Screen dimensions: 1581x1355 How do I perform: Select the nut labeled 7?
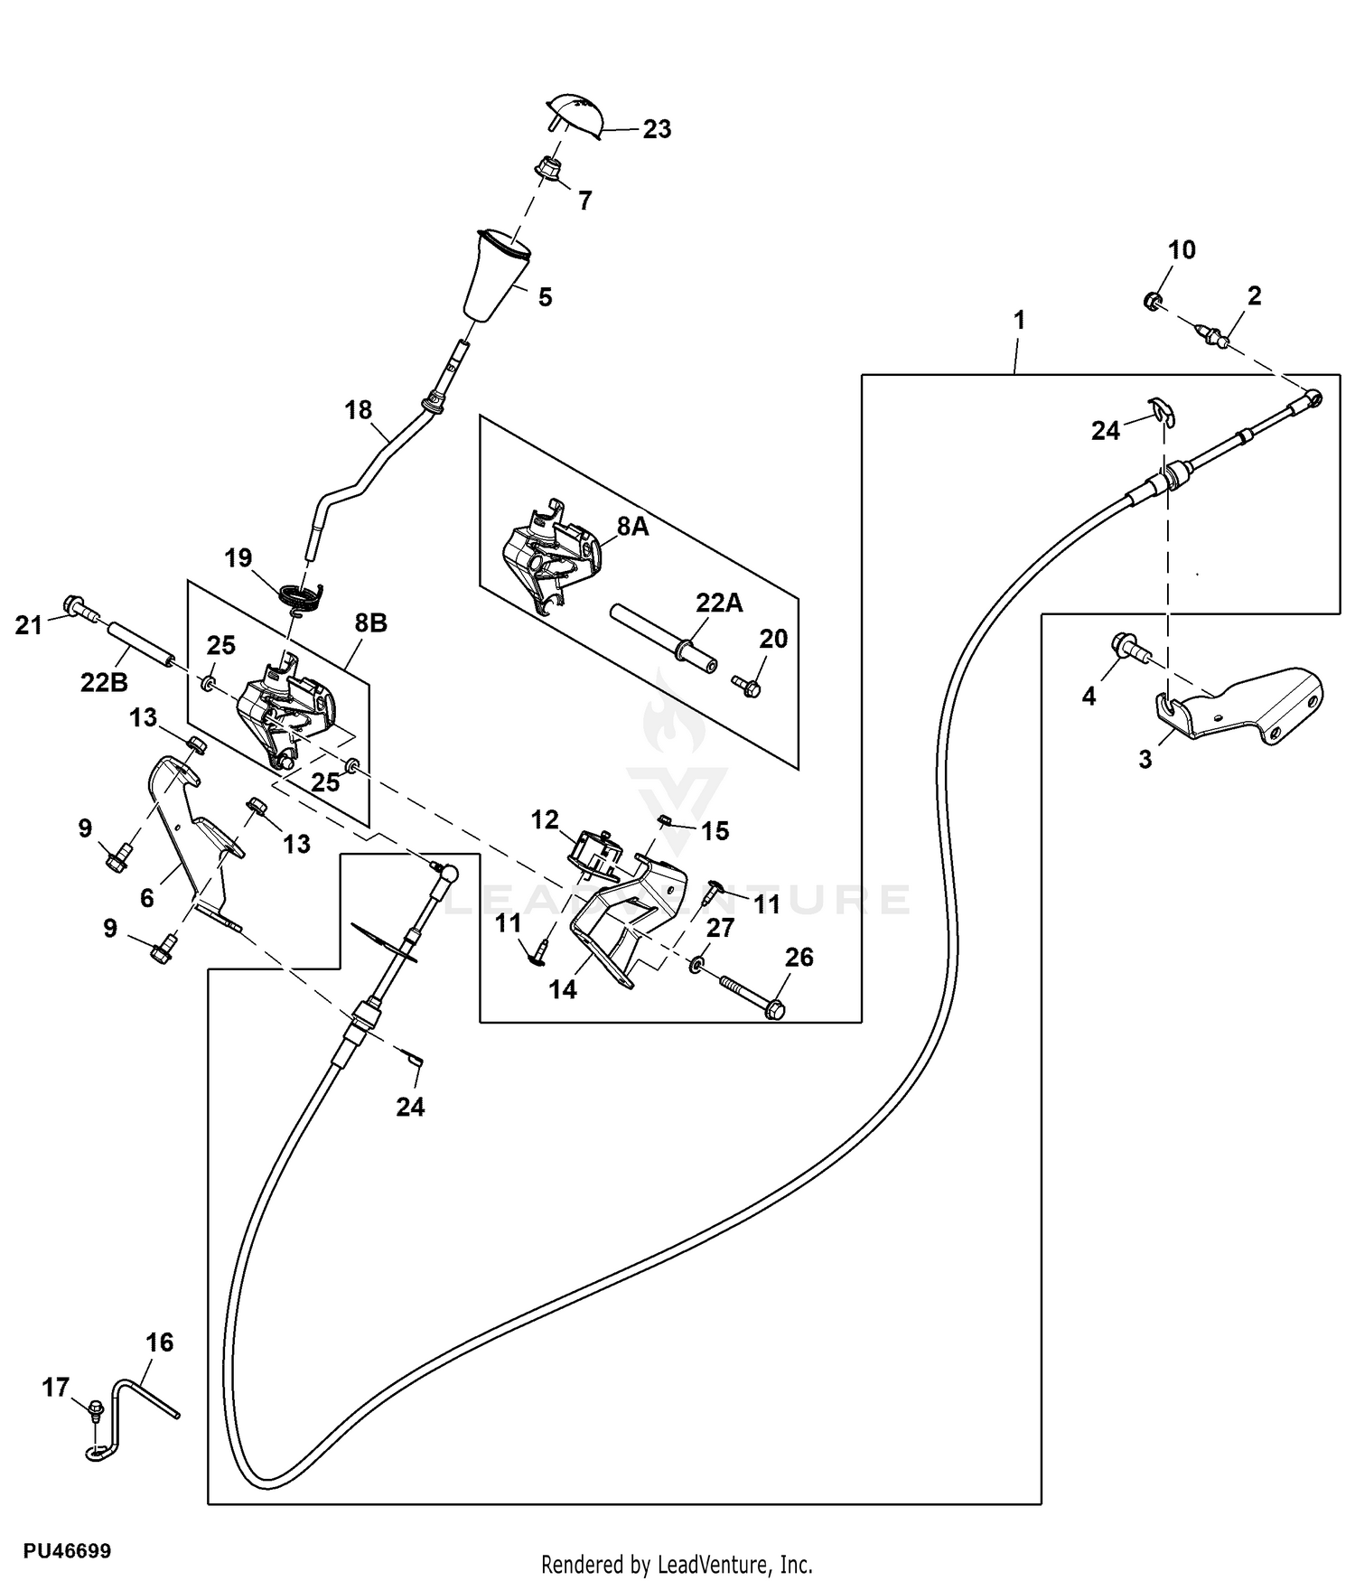pyautogui.click(x=547, y=168)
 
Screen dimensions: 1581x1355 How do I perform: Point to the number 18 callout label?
pyautogui.click(x=358, y=410)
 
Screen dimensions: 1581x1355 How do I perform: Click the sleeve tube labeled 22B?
pyautogui.click(x=141, y=643)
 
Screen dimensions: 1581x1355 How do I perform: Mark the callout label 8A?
pyautogui.click(x=632, y=527)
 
